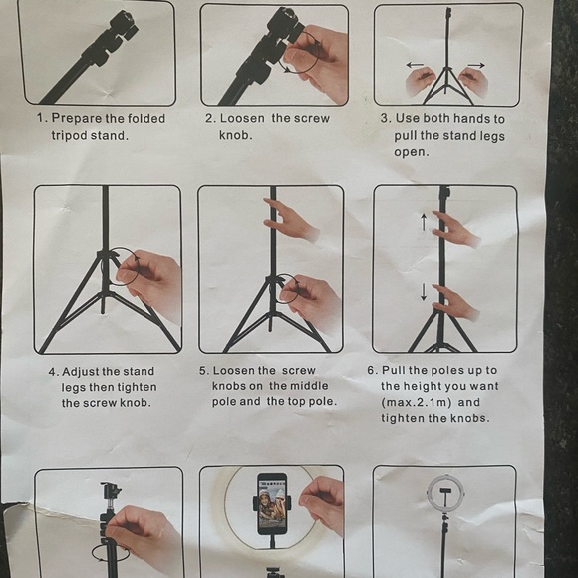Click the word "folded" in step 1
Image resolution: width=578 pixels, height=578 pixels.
coord(146,118)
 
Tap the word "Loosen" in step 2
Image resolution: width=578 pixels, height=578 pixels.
coord(242,118)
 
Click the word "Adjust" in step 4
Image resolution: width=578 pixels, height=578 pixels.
coord(81,372)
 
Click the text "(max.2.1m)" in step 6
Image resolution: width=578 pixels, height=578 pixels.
coord(417,402)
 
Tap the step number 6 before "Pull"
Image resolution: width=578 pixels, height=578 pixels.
coord(372,370)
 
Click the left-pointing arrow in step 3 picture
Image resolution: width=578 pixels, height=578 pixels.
coord(415,65)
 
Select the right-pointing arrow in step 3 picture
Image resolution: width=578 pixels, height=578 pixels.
coord(476,65)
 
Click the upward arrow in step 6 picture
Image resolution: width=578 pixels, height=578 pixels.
coord(424,222)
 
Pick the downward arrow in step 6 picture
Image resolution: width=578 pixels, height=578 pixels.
coord(424,292)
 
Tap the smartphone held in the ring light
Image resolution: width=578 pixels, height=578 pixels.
coord(272,504)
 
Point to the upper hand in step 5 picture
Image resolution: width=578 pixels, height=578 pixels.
coord(289,219)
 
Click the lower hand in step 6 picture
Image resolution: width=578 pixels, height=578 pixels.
coord(455,303)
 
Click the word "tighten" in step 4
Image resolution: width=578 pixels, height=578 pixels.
coord(138,387)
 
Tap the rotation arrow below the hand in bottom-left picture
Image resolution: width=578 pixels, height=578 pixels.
coord(111,554)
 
